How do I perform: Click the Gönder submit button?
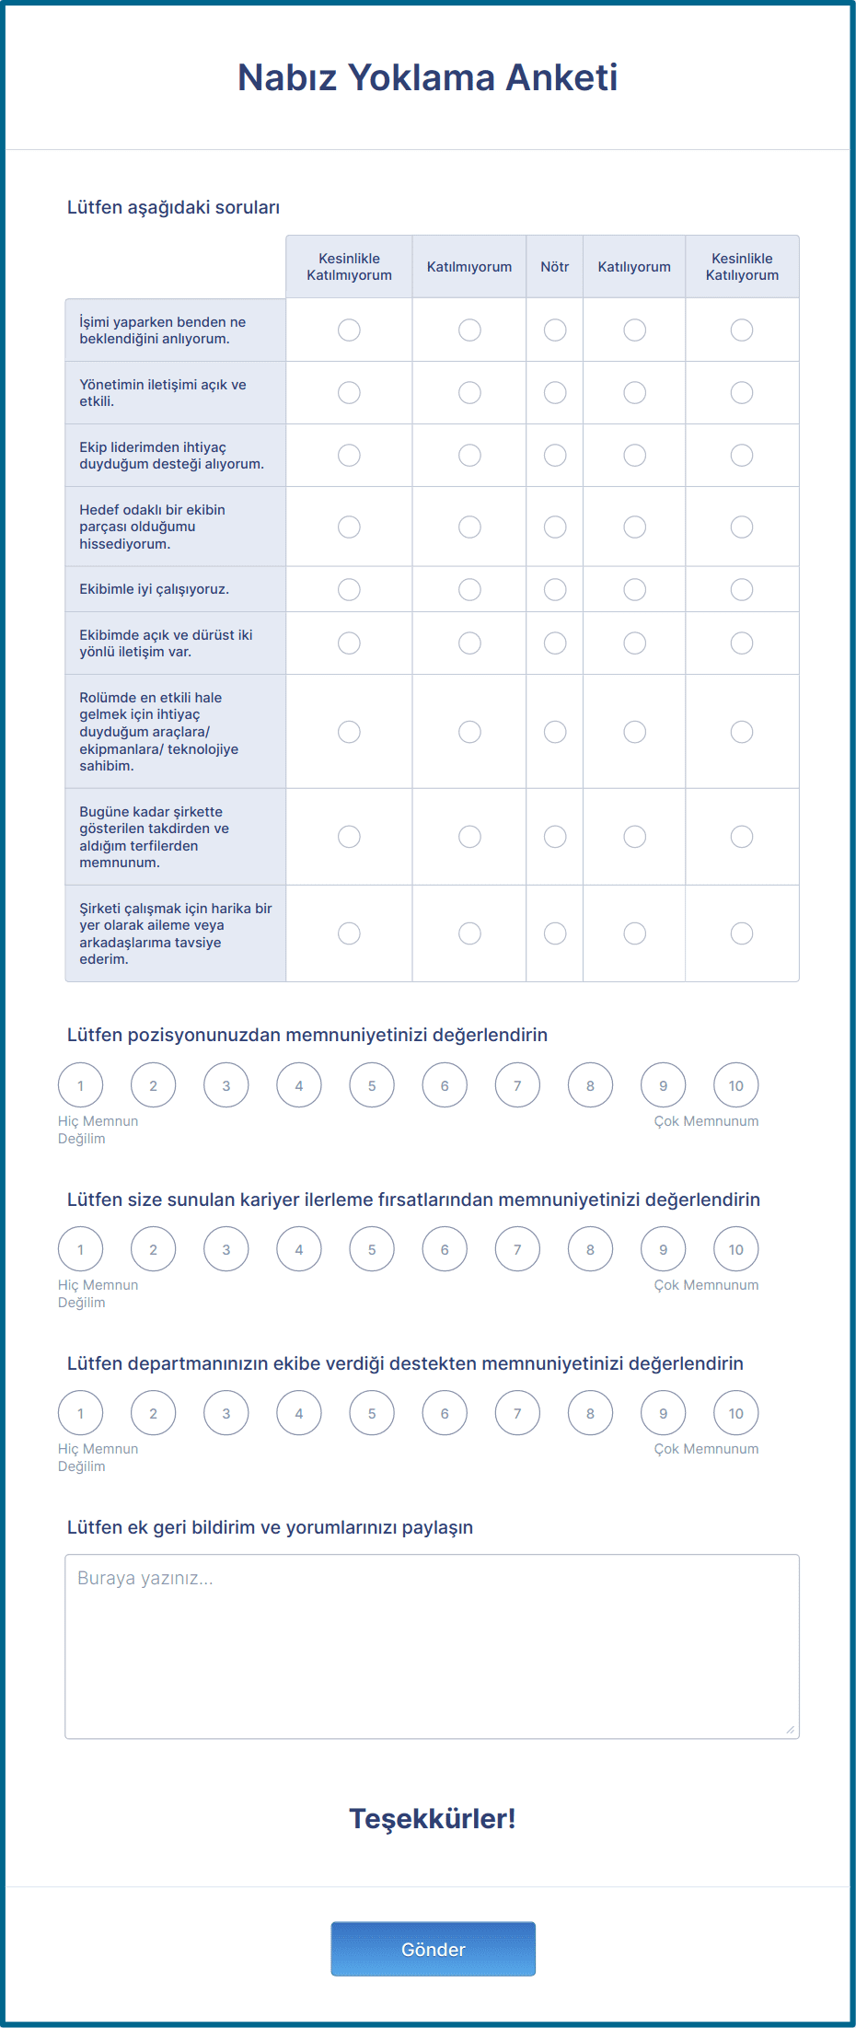[x=433, y=1948]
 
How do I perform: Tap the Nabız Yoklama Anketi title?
[x=428, y=77]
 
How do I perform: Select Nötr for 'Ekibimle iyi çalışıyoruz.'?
[x=555, y=589]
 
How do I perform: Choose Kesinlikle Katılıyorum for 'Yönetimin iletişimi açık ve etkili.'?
[x=742, y=393]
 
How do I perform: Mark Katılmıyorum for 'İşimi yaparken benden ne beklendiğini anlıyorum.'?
[x=469, y=330]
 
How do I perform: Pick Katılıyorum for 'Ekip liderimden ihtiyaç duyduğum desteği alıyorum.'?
[x=634, y=456]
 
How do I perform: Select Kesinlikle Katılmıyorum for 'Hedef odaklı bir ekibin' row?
[x=349, y=527]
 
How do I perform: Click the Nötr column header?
[x=555, y=267]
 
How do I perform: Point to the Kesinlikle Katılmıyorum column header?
[x=349, y=267]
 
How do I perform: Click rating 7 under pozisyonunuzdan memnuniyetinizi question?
[x=517, y=1085]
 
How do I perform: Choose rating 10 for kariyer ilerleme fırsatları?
[x=736, y=1249]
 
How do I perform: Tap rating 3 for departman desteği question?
[x=226, y=1413]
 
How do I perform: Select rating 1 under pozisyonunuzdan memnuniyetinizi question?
[x=81, y=1085]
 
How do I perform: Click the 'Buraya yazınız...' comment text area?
[x=432, y=1646]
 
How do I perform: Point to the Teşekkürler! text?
[x=433, y=1818]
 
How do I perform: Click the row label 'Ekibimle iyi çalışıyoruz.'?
[x=155, y=589]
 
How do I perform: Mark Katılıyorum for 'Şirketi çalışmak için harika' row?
[x=634, y=933]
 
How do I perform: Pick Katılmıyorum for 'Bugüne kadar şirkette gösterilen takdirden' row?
[x=469, y=837]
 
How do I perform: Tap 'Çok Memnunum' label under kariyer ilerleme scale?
[x=706, y=1285]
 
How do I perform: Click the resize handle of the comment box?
[x=791, y=1731]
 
